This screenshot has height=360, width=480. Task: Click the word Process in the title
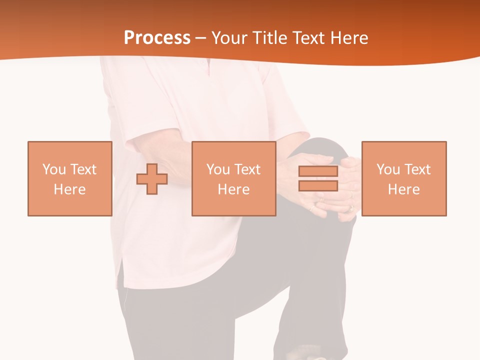coord(157,37)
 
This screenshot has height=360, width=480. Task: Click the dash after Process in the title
coord(201,38)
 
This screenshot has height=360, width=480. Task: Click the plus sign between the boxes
coord(152,178)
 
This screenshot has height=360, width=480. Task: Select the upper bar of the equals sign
coord(318,171)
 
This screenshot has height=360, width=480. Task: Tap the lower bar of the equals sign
coord(318,185)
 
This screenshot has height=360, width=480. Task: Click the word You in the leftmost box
coord(54,169)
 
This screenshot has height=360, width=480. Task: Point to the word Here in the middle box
coord(233,189)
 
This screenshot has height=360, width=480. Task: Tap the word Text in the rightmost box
coord(417,169)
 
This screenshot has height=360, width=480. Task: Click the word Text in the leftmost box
coord(83,169)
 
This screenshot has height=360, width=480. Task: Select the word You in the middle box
coord(218,169)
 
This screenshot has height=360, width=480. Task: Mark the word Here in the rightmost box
coord(403,189)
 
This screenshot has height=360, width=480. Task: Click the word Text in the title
coord(306,38)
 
